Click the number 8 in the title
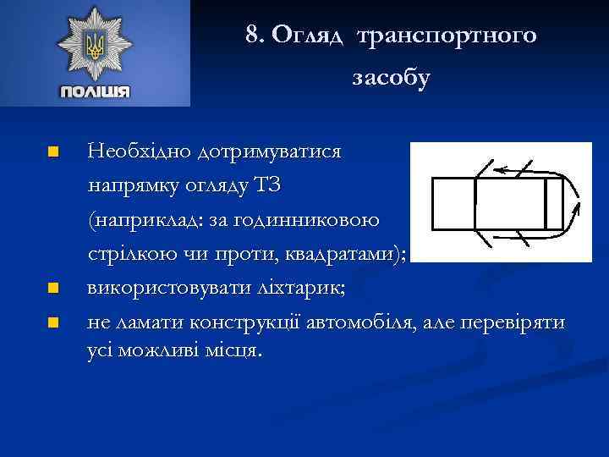251,35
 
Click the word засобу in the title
391,78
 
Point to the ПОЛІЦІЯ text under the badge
95,91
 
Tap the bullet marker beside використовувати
52,289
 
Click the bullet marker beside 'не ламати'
52,322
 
